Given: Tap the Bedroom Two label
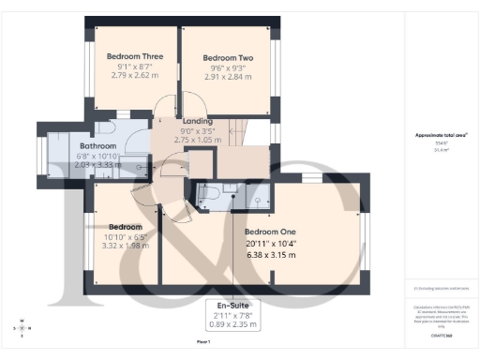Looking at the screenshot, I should (229, 58).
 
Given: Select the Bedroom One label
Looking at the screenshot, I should (270, 232).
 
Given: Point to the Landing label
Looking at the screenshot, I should (198, 121).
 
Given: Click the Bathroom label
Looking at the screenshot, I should (97, 146).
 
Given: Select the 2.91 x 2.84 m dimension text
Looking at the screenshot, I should (229, 78).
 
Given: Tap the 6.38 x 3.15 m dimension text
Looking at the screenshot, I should (270, 255).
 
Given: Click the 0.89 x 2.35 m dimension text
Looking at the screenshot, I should (231, 324).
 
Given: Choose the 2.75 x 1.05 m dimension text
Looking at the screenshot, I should (198, 140).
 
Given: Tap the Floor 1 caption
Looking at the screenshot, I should (203, 343).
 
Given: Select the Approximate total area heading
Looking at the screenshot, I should (441, 134).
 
